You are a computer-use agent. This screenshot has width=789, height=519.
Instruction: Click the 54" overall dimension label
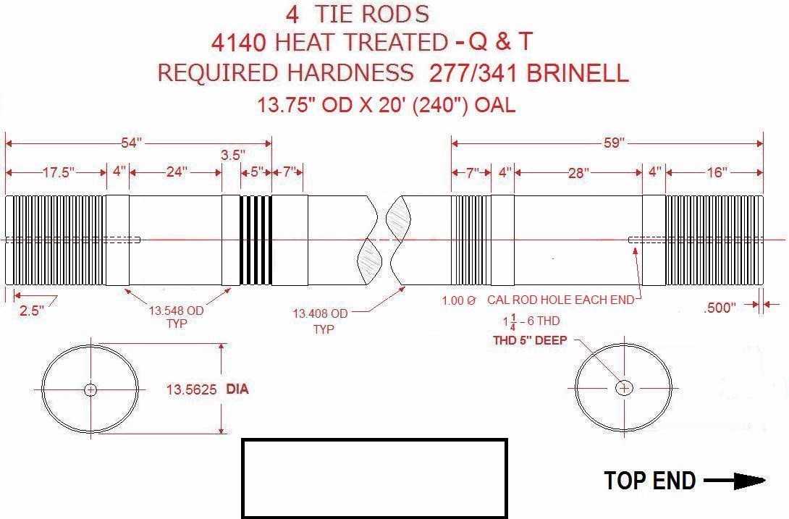(131, 143)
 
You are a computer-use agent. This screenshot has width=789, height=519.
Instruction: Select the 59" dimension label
(614, 143)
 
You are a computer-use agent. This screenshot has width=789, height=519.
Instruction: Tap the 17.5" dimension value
(59, 173)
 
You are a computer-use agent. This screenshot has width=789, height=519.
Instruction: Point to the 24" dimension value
(177, 172)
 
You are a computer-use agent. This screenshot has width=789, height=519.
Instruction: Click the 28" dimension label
(578, 173)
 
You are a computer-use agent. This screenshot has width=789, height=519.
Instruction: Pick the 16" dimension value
(717, 173)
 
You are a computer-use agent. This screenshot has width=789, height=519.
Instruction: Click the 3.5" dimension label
(232, 155)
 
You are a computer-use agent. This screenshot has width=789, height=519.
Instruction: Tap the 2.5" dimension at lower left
(31, 311)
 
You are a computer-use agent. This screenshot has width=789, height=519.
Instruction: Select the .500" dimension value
(720, 308)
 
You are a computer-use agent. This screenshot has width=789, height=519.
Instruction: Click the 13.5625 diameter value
(192, 389)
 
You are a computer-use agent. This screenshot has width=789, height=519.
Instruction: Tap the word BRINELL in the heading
(578, 74)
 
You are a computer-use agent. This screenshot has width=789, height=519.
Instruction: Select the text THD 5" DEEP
(530, 340)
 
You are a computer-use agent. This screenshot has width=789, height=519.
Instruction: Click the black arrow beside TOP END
(735, 481)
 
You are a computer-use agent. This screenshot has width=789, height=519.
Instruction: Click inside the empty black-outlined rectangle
(375, 478)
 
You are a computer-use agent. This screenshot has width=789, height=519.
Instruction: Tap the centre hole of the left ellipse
(90, 389)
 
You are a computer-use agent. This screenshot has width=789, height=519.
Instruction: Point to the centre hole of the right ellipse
(624, 388)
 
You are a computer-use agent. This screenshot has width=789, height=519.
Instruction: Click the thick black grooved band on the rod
(256, 240)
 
